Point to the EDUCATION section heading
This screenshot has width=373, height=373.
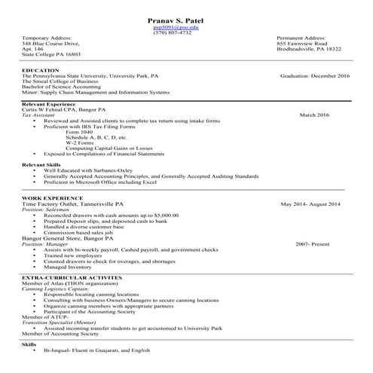tap(41, 70)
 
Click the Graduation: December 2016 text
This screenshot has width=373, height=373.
tap(314, 76)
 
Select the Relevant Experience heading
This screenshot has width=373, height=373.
tap(47, 103)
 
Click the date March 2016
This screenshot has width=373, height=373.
tap(314, 115)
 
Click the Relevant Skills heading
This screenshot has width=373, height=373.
tap(41, 164)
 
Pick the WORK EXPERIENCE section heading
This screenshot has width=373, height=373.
tap(47, 197)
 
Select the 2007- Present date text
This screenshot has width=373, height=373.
tap(313, 244)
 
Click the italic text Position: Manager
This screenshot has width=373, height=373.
tap(44, 244)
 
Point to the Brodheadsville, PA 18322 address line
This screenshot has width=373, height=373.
tap(308, 49)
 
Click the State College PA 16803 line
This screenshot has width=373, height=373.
tap(50, 54)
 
